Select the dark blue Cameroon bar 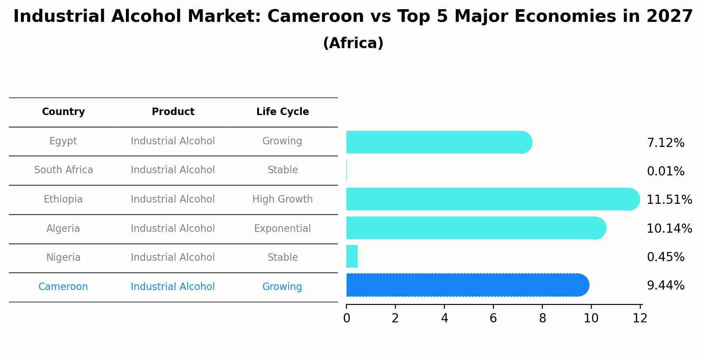[x=467, y=285]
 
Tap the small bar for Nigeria [x=352, y=256]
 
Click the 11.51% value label [x=669, y=200]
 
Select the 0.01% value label [x=665, y=171]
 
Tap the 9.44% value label [x=665, y=286]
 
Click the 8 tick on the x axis [x=542, y=318]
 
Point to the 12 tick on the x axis [x=640, y=318]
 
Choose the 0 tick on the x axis [x=346, y=318]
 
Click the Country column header [x=63, y=112]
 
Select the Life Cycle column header [x=283, y=112]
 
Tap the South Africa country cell [x=63, y=170]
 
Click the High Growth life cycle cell [x=283, y=199]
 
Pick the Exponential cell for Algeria [x=283, y=229]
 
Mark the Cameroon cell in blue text [x=63, y=287]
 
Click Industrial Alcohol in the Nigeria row [x=173, y=258]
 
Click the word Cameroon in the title [x=315, y=17]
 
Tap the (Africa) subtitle [x=353, y=43]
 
